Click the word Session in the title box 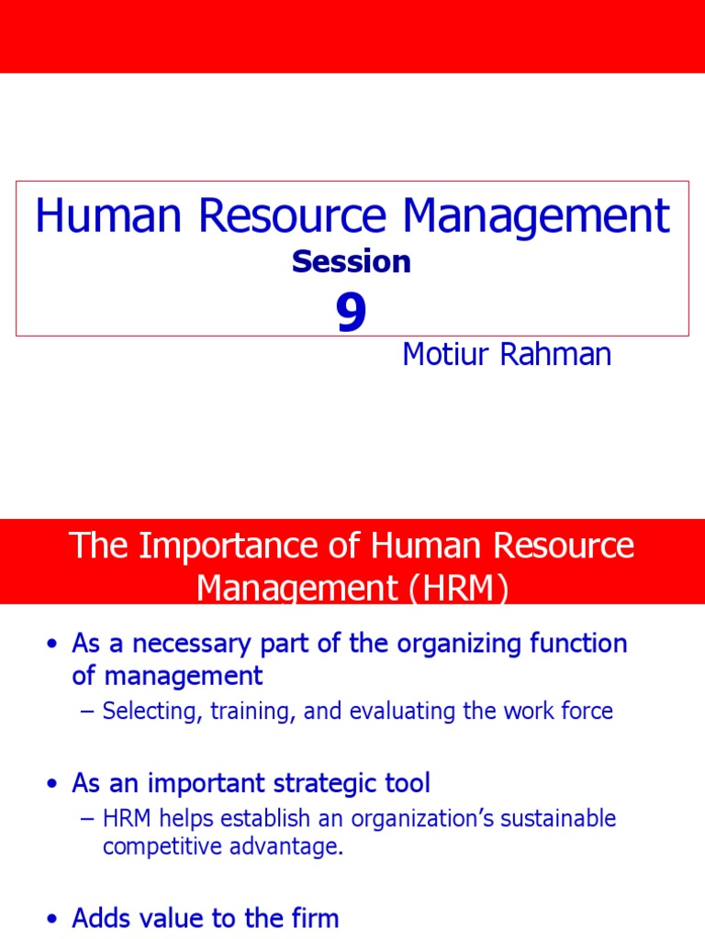point(352,262)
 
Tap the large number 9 point(351,315)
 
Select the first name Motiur point(444,355)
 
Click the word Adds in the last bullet point(103,918)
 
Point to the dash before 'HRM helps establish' point(88,818)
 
